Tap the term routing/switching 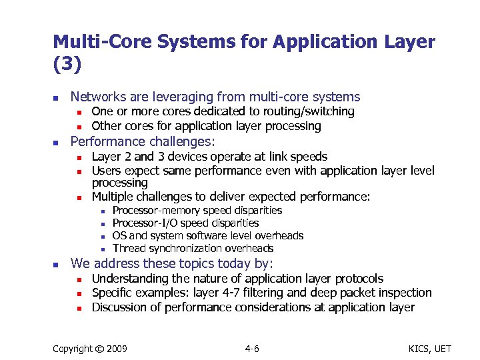(x=313, y=111)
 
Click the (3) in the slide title (x=67, y=65)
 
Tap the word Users (x=106, y=171)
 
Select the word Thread (x=128, y=249)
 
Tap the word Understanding (x=131, y=279)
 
